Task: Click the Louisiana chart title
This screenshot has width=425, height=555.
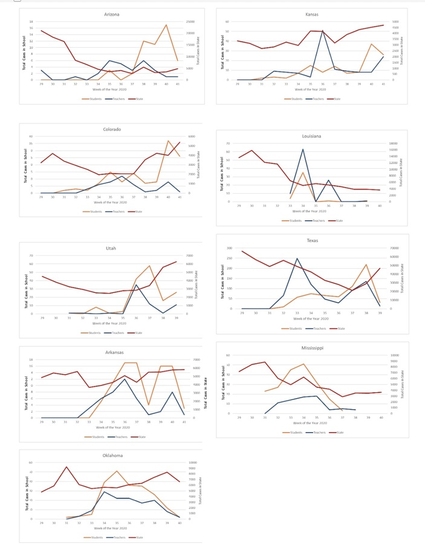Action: tap(312, 136)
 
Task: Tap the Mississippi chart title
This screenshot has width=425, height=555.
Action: tap(312, 348)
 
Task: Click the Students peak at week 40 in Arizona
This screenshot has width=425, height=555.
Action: tap(166, 25)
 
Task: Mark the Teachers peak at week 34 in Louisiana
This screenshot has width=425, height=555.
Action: tap(303, 149)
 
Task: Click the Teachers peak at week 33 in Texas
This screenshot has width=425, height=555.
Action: tap(297, 258)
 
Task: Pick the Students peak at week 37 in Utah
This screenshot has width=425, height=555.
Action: tap(149, 265)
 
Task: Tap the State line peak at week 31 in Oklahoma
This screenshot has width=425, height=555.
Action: tap(67, 467)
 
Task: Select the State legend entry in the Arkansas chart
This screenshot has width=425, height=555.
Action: tap(137, 436)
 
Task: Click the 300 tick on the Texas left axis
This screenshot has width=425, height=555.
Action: tap(229, 248)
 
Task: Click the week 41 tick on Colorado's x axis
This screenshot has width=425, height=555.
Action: tap(180, 197)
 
